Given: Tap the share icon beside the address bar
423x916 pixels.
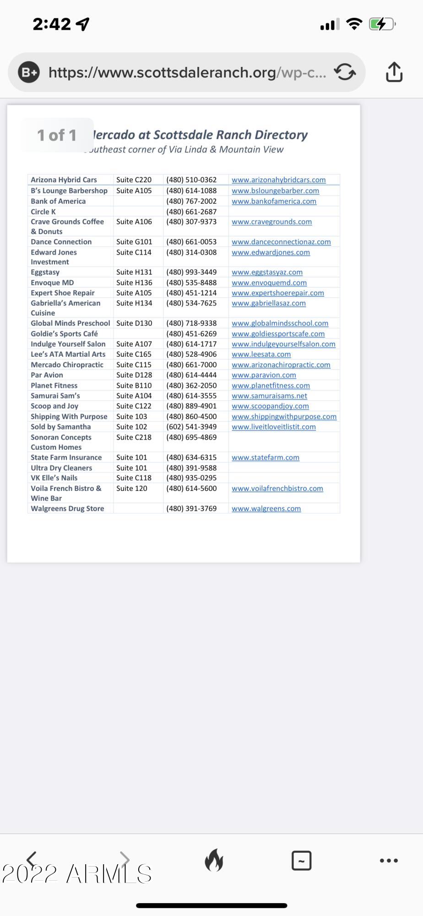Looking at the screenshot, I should point(394,72).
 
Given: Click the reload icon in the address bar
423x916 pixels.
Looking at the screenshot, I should point(345,72).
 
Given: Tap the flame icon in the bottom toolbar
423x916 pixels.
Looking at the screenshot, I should point(214,860).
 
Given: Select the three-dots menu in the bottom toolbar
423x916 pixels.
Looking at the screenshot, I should point(389,861).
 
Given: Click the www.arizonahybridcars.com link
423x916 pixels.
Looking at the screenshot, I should point(278,180).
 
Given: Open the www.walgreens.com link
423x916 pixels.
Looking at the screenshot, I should point(266,508).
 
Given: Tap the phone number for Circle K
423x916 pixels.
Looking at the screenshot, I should point(191,212).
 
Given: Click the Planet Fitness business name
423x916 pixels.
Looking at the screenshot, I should point(54,386).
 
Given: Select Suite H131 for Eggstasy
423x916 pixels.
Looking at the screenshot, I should point(134,272).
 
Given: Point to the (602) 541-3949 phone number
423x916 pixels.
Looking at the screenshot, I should point(191,427).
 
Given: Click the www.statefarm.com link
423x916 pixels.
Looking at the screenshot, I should point(266,458).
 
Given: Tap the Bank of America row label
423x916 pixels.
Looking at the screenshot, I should point(58,201).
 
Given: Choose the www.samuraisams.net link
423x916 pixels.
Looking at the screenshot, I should point(269,396).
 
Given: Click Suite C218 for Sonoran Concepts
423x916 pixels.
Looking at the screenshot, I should point(134,437).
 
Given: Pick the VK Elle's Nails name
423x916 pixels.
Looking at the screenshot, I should point(54,478).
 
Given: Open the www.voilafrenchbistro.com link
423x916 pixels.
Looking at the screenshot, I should point(277,488).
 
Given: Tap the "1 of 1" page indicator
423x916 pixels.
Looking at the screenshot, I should point(57,135).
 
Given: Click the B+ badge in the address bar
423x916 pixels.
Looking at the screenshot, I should point(29,72).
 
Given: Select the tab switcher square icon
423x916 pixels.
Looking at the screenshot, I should point(301,861).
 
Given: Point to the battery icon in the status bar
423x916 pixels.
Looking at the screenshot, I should point(381,24).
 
